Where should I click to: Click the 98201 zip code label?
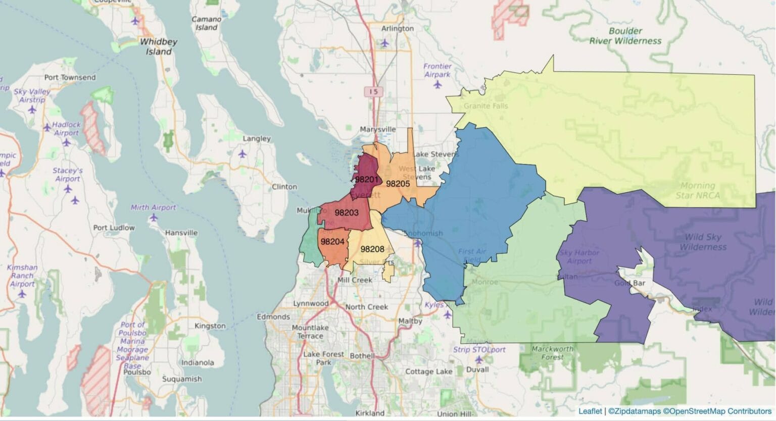click(x=366, y=179)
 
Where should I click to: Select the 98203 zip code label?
click(x=346, y=213)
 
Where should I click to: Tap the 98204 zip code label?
click(x=332, y=242)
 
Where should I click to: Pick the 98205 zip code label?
click(x=398, y=184)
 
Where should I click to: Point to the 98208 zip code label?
click(x=372, y=249)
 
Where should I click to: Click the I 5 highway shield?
click(x=374, y=91)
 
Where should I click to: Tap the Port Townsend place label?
click(x=70, y=77)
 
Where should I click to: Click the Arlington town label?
click(x=398, y=28)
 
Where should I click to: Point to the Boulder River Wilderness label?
click(x=625, y=36)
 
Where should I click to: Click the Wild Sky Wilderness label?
click(x=703, y=242)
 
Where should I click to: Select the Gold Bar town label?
click(x=629, y=283)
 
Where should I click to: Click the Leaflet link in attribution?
click(x=590, y=411)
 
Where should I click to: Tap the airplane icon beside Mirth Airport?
click(x=154, y=218)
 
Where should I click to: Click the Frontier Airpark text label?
click(x=437, y=70)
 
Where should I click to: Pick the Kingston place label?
click(x=210, y=326)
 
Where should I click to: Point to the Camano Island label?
click(x=206, y=23)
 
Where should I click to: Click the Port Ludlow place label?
click(x=114, y=228)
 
